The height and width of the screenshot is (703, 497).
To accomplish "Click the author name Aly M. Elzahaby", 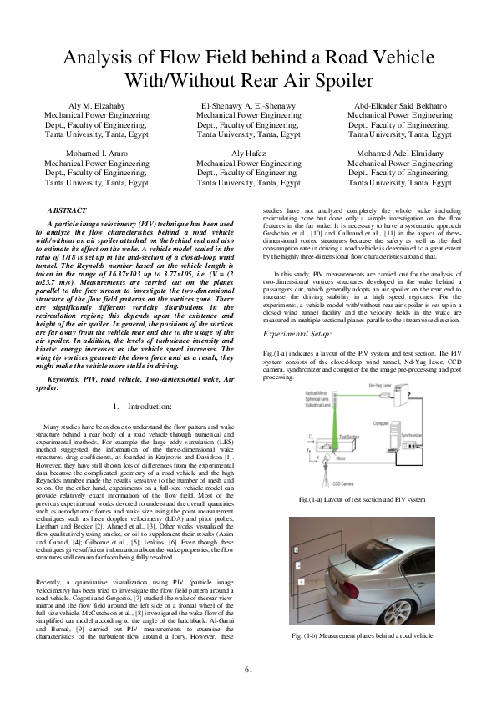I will [x=97, y=107].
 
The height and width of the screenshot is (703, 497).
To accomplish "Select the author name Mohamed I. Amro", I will [x=97, y=154].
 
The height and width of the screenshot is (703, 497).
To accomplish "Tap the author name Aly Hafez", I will [x=248, y=154].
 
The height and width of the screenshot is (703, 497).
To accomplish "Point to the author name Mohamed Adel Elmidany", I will [x=400, y=154].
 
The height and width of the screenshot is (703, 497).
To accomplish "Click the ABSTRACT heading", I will [x=67, y=212].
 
